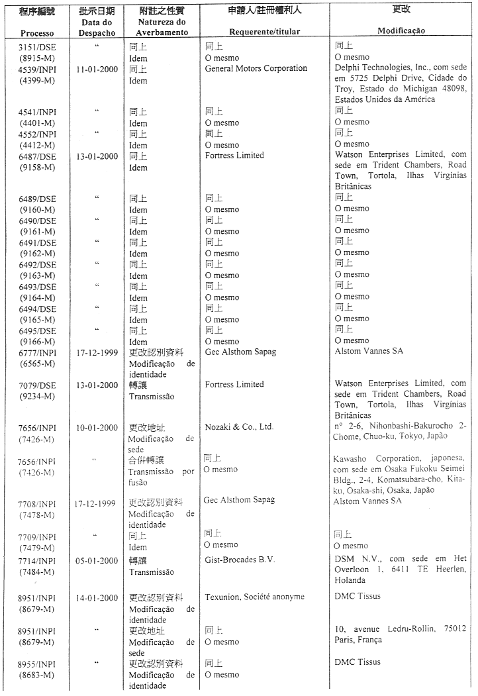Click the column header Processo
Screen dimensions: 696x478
[x=37, y=33]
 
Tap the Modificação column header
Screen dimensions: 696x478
[x=401, y=30]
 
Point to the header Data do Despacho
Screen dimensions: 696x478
[x=96, y=27]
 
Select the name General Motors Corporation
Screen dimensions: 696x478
[x=256, y=68]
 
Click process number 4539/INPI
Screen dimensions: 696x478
[x=37, y=69]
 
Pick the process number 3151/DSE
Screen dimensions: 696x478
[x=37, y=46]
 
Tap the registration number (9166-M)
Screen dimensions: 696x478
[x=37, y=341]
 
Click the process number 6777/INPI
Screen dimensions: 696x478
[x=37, y=352]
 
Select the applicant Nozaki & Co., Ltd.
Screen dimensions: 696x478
[x=239, y=427]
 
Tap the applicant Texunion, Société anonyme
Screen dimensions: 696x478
[x=255, y=597]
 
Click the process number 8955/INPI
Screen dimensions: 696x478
[x=37, y=663]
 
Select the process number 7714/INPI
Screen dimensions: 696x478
[x=37, y=561]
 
